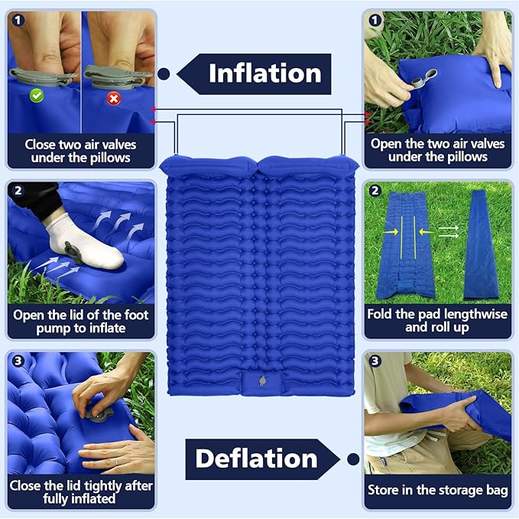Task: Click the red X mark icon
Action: [x=114, y=99]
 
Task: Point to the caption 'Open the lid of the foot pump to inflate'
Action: [x=80, y=322]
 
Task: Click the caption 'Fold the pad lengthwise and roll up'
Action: [x=438, y=321]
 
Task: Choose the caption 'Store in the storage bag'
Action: [x=438, y=490]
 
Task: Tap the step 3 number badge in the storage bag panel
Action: [x=375, y=361]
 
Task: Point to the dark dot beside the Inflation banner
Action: [x=164, y=74]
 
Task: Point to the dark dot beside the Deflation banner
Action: [x=352, y=459]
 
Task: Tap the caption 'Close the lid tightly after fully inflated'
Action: [x=81, y=492]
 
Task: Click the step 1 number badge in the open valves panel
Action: [x=375, y=20]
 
